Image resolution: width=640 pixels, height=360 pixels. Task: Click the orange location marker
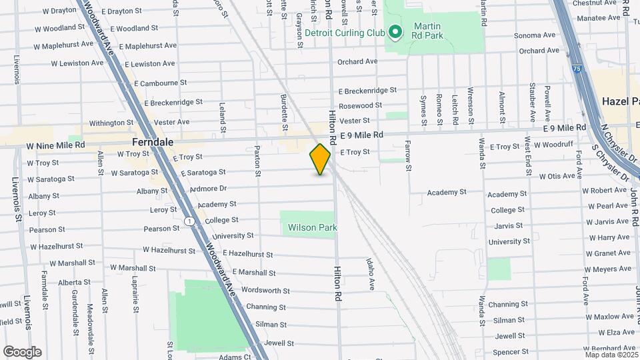[320, 159]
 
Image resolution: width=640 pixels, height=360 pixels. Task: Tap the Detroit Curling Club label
[345, 33]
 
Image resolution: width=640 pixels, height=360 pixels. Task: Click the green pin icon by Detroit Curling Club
[395, 32]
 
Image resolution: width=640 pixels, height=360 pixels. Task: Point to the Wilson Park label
[312, 227]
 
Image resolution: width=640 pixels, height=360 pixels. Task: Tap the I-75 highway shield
[576, 67]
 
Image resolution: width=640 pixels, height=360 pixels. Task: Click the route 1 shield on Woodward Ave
[190, 221]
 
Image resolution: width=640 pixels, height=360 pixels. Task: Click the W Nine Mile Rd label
[56, 145]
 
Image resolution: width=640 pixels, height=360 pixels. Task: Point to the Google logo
[22, 352]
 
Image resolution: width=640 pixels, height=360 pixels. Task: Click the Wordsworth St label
[265, 291]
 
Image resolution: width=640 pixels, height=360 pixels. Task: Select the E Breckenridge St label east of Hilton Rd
[367, 91]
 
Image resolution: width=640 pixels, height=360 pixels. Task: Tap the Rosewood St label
[360, 105]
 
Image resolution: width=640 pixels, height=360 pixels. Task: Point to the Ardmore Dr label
[209, 189]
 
